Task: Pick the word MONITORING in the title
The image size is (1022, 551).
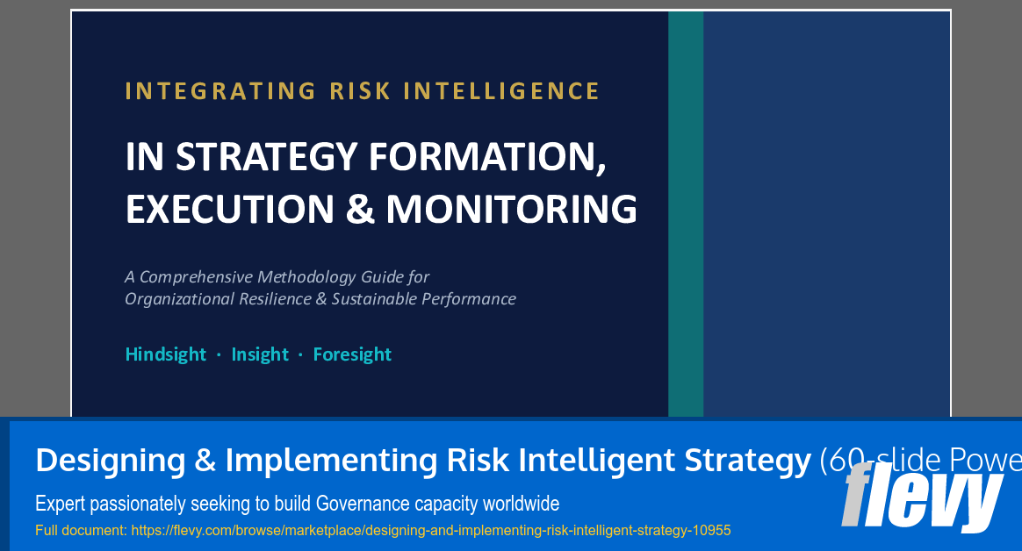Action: [x=511, y=209]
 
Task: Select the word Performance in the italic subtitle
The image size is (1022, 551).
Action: [x=469, y=299]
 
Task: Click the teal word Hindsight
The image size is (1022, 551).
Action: [x=165, y=354]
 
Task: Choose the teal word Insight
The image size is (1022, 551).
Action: [x=260, y=354]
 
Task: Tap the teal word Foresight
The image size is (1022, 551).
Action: [x=352, y=354]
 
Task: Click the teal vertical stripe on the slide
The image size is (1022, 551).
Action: [x=686, y=211]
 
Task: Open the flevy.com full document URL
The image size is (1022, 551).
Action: [x=430, y=531]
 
